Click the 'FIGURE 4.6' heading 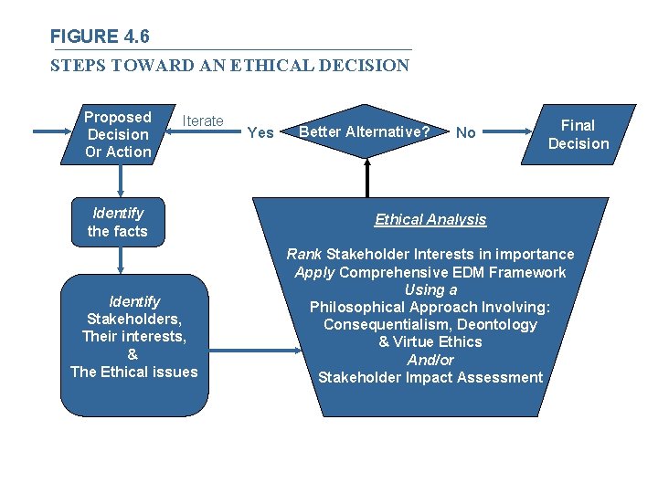100,37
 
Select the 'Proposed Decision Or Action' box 117,134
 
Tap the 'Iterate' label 203,121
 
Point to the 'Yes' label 260,133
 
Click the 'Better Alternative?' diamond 365,132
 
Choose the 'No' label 465,133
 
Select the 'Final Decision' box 576,134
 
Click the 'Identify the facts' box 117,222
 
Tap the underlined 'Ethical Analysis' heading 430,219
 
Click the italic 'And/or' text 430,360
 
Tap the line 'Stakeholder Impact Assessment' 430,377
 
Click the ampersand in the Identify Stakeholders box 133,353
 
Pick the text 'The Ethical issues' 133,372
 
